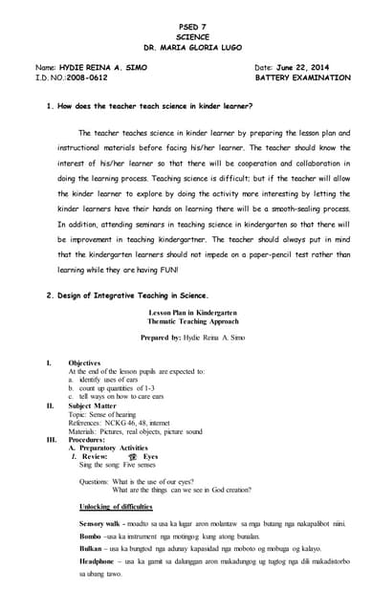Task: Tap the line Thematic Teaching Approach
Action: [x=186, y=324]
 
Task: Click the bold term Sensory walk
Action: [x=104, y=523]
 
